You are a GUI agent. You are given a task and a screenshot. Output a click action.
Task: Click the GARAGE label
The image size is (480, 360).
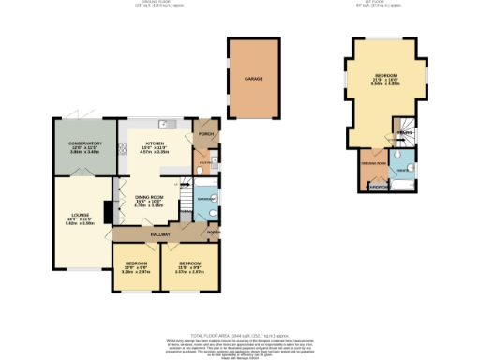tap(253, 80)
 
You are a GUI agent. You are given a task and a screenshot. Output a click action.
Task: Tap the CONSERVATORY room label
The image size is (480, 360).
tap(86, 143)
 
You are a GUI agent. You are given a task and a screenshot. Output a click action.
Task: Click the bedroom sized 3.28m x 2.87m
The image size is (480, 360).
tap(136, 267)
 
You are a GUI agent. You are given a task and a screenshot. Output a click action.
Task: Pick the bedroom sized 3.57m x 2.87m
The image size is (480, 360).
tap(191, 266)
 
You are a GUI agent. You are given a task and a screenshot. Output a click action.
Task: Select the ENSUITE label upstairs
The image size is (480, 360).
tap(400, 171)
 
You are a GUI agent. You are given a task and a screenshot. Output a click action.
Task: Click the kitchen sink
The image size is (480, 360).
tap(163, 124)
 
